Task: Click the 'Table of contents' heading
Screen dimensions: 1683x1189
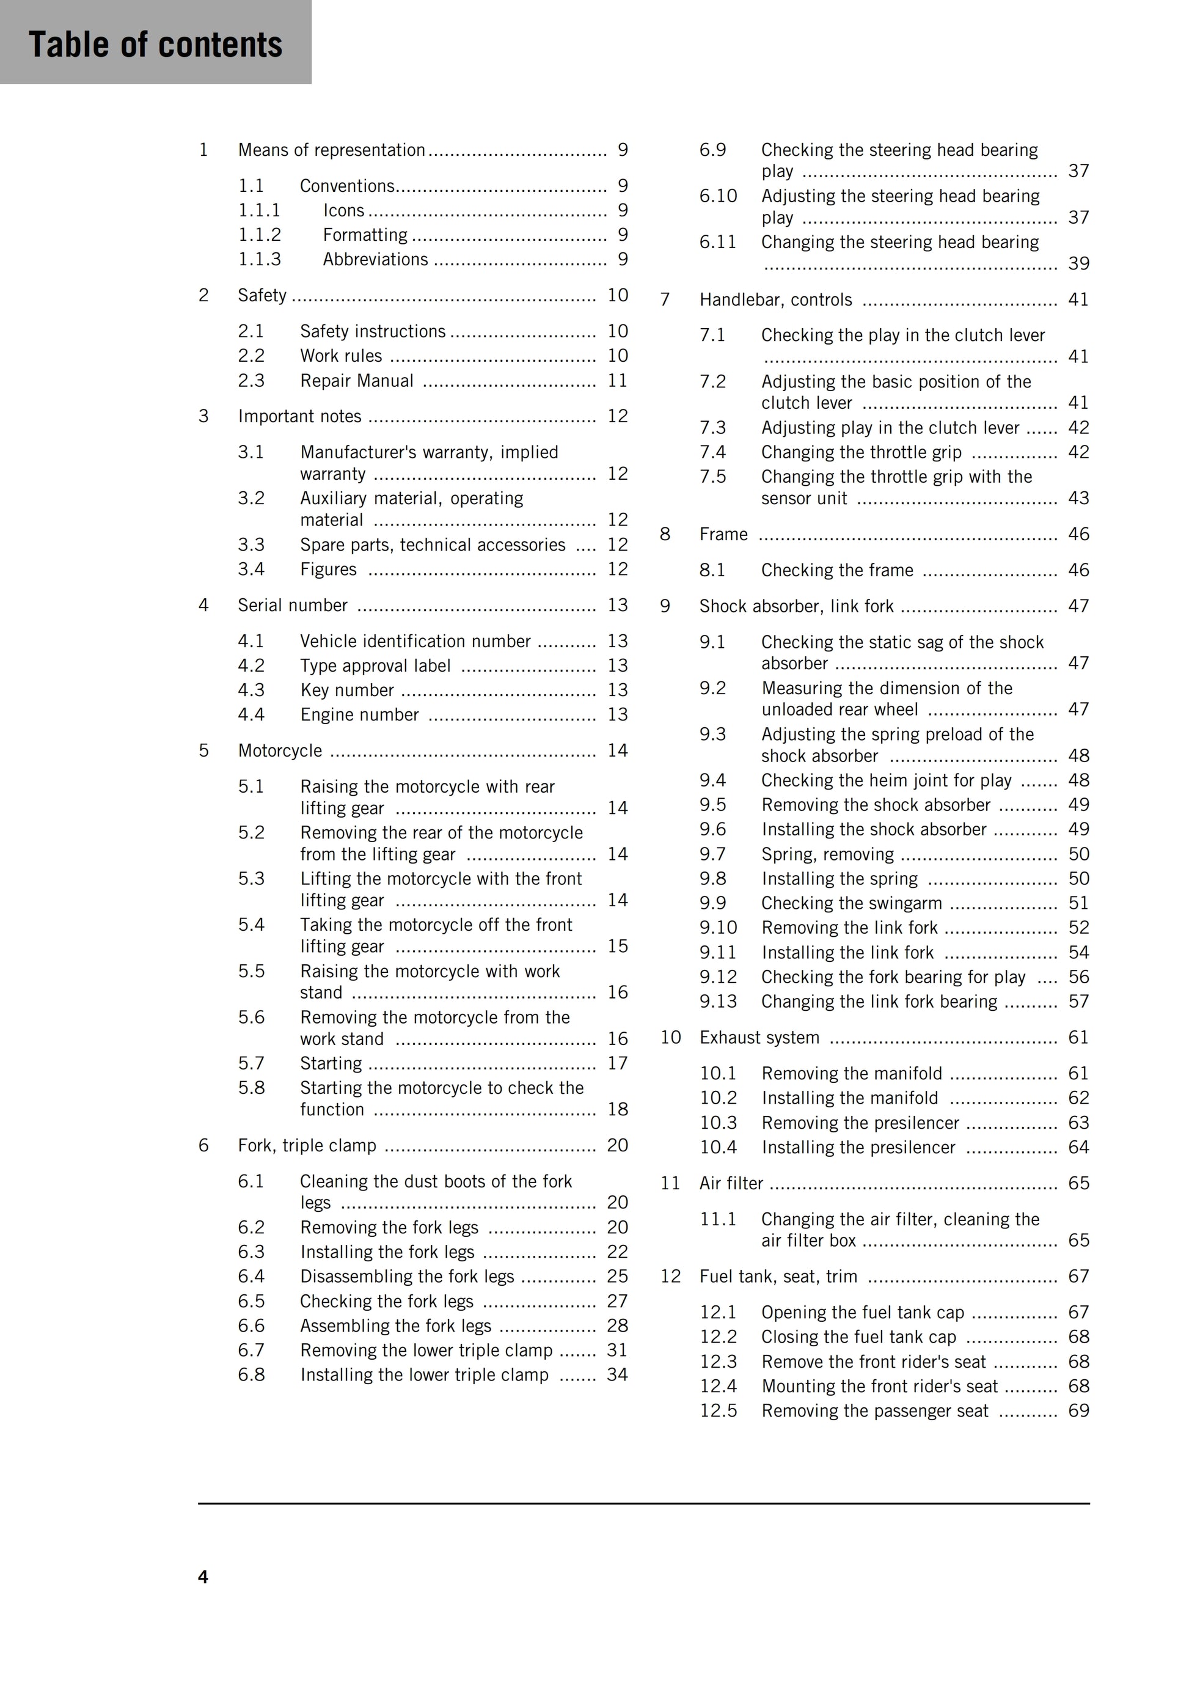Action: point(155,44)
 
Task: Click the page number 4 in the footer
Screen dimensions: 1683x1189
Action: point(203,1577)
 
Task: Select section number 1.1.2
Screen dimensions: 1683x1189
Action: point(260,235)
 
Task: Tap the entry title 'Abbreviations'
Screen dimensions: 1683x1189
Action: point(375,260)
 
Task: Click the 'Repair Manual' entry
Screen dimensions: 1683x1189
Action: point(357,381)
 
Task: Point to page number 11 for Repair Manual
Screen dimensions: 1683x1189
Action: point(617,381)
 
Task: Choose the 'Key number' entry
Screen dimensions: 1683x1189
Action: point(346,690)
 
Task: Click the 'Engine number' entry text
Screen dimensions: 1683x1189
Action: point(359,714)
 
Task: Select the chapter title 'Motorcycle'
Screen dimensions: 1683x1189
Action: point(280,750)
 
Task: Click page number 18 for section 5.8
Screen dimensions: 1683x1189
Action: point(617,1109)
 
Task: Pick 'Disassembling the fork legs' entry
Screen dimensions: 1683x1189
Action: point(407,1276)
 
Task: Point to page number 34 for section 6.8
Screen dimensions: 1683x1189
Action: point(617,1374)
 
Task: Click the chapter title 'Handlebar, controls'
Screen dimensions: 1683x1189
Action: point(775,300)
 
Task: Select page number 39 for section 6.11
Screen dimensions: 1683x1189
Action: point(1078,263)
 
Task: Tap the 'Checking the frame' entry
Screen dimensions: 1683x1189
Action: point(837,570)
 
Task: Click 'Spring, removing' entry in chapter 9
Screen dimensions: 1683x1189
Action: point(828,854)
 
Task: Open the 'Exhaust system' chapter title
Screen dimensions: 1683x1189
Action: point(759,1037)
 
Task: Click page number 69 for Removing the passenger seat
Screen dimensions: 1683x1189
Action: point(1078,1410)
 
